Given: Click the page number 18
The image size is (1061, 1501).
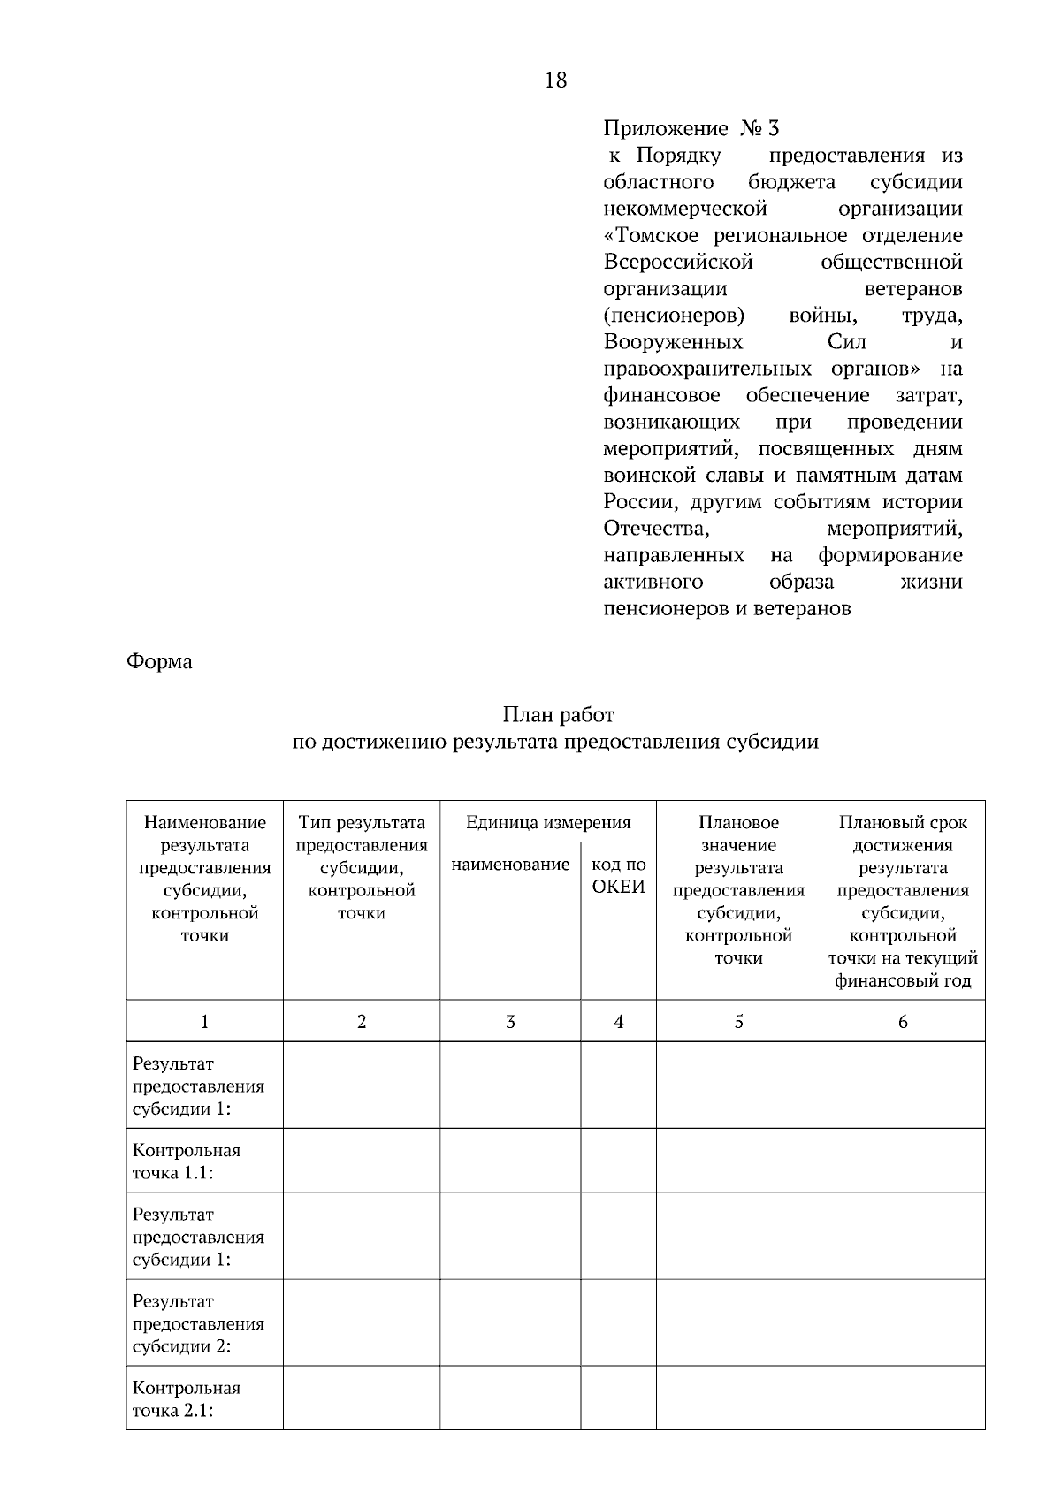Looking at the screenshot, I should tap(556, 80).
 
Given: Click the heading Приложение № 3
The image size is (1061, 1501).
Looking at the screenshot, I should tap(691, 129).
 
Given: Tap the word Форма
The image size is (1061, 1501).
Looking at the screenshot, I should tap(159, 661).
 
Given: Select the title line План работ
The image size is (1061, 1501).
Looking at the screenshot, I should tap(558, 714).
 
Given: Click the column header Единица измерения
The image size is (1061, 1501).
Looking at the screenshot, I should tap(548, 823).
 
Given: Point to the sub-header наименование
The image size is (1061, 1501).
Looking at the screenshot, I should tap(510, 865).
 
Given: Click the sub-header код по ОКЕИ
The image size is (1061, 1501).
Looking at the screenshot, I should tap(618, 875).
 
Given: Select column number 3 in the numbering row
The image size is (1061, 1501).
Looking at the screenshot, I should tap(510, 1022).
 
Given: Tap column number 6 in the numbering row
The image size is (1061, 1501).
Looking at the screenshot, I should tap(903, 1022).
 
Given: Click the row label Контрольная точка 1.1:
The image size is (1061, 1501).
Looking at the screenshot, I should tap(187, 1162).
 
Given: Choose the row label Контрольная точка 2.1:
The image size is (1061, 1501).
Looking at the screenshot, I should tap(187, 1399).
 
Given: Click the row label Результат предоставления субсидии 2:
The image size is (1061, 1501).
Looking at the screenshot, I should tap(198, 1324).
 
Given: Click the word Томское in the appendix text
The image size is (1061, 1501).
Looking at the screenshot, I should tap(657, 236).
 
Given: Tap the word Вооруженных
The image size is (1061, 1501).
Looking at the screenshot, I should tap(673, 342).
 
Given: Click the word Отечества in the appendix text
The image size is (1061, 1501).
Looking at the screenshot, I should tap(655, 529).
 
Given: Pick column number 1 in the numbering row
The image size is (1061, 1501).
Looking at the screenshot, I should tap(204, 1022).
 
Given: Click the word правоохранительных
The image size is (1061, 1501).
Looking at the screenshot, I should tap(707, 369).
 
